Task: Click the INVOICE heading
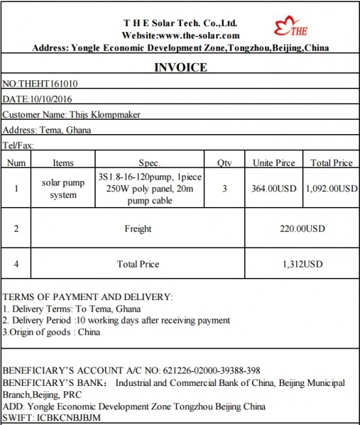180,67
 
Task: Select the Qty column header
224,162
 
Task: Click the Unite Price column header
273,162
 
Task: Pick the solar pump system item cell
63,188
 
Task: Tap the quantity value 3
224,189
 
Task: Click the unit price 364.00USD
273,189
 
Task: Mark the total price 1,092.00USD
332,189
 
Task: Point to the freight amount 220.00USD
302,229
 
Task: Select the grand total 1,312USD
302,265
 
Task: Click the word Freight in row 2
138,229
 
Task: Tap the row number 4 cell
16,265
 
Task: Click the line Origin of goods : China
51,331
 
